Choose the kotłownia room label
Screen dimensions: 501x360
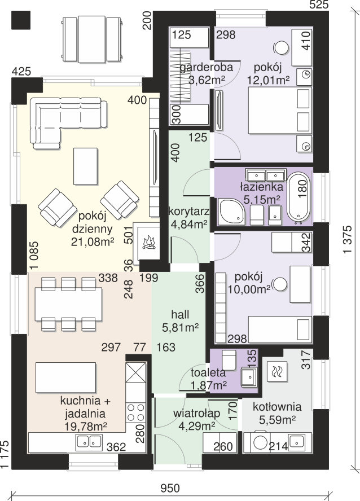pyautogui.click(x=277, y=407)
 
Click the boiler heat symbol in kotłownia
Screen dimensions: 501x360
pyautogui.click(x=277, y=372)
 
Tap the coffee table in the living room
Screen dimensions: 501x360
pyautogui.click(x=85, y=165)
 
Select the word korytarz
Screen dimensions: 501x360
pyautogui.click(x=189, y=212)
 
